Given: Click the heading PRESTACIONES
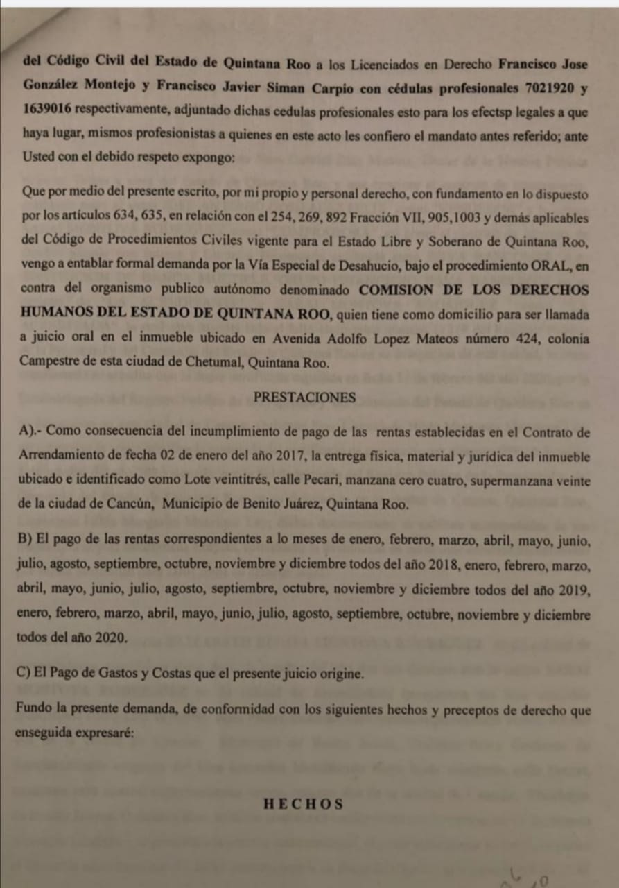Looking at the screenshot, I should coord(305,398).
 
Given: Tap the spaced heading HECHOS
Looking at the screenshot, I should coord(304,804).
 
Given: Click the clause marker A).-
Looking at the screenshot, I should coord(33,432).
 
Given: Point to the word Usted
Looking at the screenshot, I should coord(37,158).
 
